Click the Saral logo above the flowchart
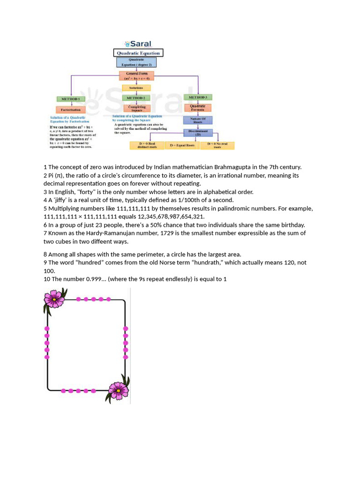[138, 44]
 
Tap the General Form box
[136, 76]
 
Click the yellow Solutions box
[136, 88]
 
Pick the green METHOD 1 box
[71, 99]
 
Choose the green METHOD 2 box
[136, 98]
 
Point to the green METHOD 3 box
[197, 97]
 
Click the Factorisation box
[71, 109]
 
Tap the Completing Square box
[136, 108]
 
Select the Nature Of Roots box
[197, 120]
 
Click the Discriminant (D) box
[197, 133]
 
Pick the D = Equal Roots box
[182, 146]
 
